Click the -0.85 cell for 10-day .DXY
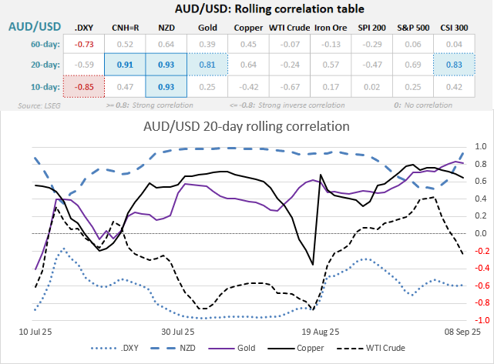pos(84,86)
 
